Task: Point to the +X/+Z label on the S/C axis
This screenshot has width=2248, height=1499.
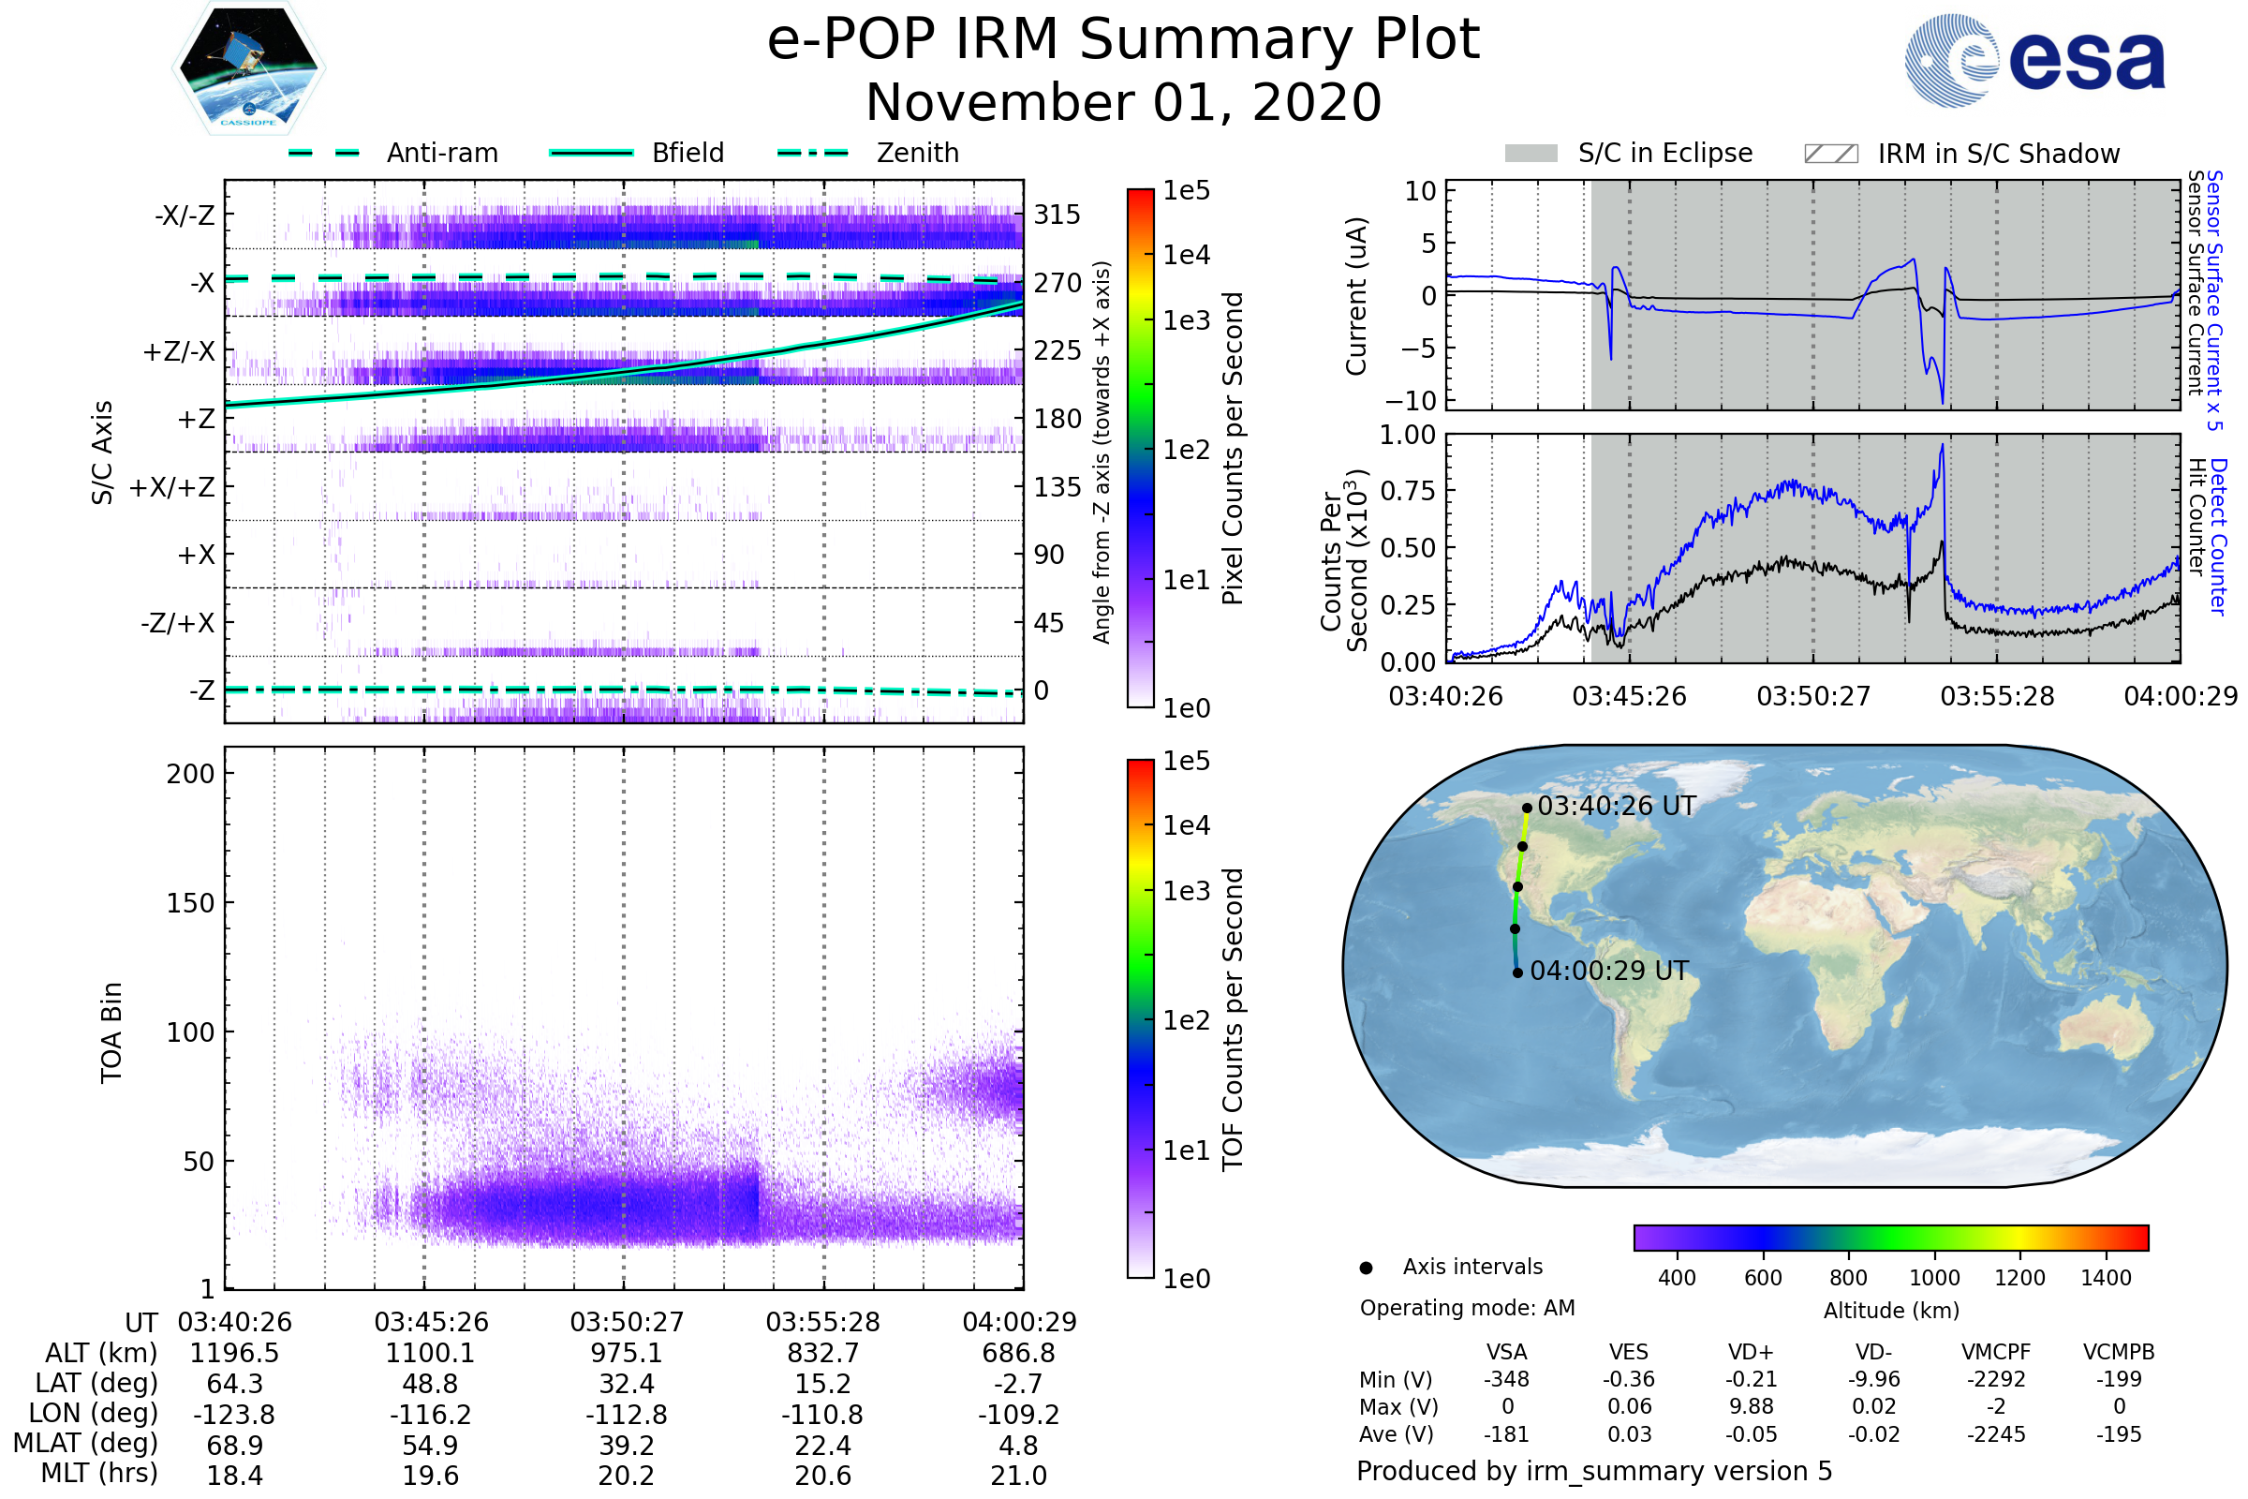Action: (172, 487)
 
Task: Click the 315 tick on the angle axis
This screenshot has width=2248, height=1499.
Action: (1057, 215)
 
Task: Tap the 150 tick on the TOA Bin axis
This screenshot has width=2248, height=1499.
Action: (190, 903)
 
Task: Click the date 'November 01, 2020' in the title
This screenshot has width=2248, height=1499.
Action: (1123, 102)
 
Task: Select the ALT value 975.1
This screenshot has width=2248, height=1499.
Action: (626, 1353)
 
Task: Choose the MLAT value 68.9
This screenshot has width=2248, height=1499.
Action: (234, 1445)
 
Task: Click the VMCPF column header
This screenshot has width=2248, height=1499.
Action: (1996, 1352)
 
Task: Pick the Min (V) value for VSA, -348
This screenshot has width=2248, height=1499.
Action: (1506, 1378)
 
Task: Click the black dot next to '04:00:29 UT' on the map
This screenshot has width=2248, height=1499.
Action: (1517, 972)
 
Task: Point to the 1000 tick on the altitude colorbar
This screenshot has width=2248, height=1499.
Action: (1934, 1277)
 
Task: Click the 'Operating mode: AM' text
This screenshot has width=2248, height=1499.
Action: (1467, 1308)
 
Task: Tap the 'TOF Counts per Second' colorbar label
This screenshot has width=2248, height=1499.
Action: (1233, 1019)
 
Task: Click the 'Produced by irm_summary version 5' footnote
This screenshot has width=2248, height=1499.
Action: (1594, 1470)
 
